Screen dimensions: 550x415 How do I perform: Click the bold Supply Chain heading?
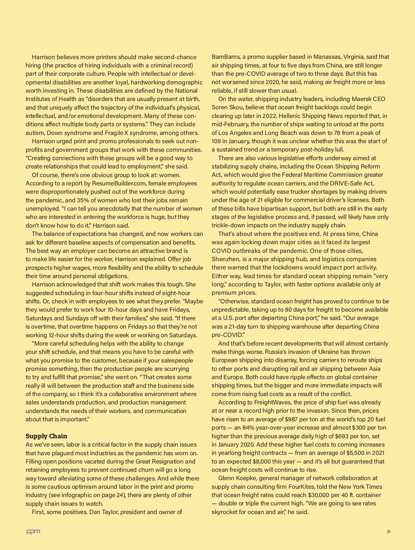pos(46,436)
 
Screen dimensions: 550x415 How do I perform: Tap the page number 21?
pos(389,532)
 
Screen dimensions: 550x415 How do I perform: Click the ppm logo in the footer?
pos(33,531)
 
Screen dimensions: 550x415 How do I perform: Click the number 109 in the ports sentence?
pos(217,141)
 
